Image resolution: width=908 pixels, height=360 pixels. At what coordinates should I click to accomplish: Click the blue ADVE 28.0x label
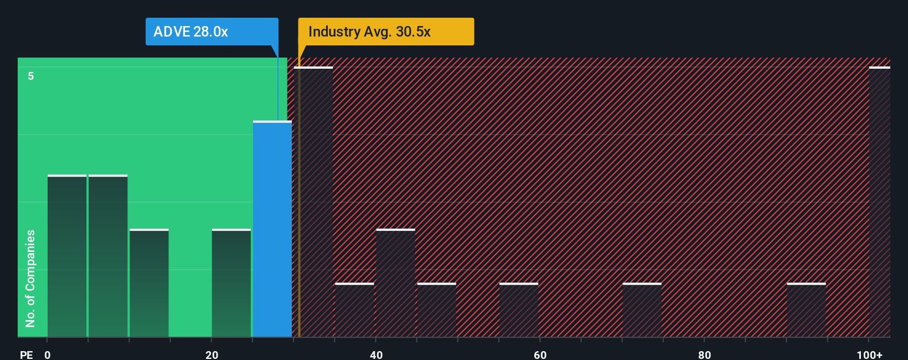click(211, 32)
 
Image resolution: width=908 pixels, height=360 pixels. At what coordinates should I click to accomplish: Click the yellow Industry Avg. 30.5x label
click(386, 32)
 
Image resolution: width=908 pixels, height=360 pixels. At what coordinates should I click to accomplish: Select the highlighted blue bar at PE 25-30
click(272, 229)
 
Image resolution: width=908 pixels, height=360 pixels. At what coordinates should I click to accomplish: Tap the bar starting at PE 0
click(67, 256)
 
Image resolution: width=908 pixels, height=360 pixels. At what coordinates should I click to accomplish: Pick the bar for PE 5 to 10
click(108, 256)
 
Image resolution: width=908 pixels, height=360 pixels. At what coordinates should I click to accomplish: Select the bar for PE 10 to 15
click(149, 283)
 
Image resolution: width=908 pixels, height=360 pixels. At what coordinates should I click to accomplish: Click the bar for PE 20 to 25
click(231, 283)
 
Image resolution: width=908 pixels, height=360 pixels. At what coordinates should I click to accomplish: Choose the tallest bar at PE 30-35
click(314, 202)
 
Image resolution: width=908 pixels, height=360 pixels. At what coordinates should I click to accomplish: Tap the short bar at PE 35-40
click(354, 310)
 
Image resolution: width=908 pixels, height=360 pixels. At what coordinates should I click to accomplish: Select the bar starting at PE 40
click(395, 283)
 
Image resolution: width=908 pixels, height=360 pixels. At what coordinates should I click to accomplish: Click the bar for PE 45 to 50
click(437, 310)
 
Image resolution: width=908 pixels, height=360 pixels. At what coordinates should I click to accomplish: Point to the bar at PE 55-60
click(519, 310)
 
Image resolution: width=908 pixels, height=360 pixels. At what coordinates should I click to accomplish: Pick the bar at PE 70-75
click(642, 310)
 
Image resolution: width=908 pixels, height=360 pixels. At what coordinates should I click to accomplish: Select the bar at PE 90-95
click(806, 310)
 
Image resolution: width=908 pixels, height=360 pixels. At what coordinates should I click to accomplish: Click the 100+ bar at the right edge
click(879, 202)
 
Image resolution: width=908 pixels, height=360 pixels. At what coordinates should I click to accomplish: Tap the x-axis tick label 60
click(540, 354)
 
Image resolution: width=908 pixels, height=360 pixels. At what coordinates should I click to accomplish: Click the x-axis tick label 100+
click(869, 354)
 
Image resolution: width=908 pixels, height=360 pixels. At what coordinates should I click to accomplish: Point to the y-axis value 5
click(31, 76)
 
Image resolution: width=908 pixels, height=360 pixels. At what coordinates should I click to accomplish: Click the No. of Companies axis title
click(30, 278)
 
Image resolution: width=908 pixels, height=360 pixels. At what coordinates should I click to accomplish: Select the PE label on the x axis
click(26, 354)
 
